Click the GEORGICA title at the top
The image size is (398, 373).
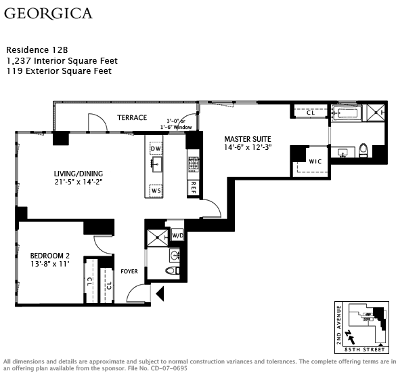tap(48, 14)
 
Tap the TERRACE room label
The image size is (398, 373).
tap(132, 117)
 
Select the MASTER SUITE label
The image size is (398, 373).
tap(248, 139)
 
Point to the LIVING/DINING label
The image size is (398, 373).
tap(79, 174)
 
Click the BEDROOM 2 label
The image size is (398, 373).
tap(50, 256)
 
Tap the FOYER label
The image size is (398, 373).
tap(129, 271)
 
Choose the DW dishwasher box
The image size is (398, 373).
tap(156, 149)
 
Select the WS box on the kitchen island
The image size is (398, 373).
tap(156, 191)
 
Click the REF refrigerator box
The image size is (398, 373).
tap(193, 188)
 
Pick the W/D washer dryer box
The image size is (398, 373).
tap(177, 235)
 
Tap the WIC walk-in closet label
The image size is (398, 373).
tap(315, 161)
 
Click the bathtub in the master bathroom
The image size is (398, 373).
tap(347, 113)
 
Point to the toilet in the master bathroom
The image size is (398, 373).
tap(363, 151)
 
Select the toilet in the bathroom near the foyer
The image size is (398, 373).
tap(173, 271)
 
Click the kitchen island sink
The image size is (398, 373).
tap(157, 164)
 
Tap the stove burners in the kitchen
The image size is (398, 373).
tap(194, 164)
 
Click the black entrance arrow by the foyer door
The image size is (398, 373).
tap(160, 294)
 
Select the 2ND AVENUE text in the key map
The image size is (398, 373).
tap(338, 325)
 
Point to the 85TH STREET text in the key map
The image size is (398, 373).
tap(365, 350)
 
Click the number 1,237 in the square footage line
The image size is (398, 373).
tap(19, 61)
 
